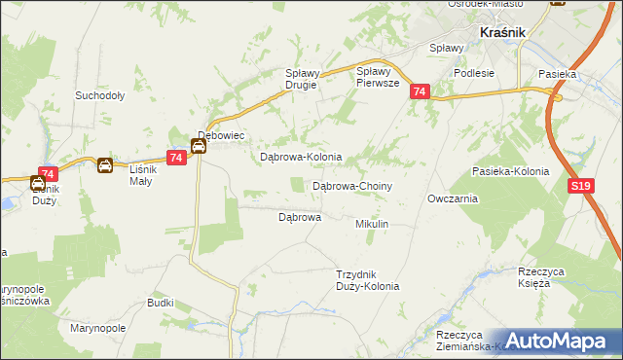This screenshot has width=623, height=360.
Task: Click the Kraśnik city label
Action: point(502,33)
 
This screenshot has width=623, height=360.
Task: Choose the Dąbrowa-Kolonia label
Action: point(300,157)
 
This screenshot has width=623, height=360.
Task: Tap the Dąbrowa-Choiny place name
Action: point(351,185)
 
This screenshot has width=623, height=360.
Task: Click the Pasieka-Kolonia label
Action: point(510,171)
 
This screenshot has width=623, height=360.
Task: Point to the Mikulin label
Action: point(372,224)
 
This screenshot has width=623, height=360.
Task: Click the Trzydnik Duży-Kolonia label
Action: point(367,280)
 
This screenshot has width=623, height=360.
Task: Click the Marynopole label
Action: point(98,329)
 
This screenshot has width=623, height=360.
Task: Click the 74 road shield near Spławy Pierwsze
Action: point(420,91)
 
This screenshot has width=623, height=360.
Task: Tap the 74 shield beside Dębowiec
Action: point(176,158)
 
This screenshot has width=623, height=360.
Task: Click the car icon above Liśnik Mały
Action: point(104,165)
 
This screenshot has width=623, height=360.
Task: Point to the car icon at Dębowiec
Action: point(198,147)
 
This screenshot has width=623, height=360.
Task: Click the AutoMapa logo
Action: point(560,341)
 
